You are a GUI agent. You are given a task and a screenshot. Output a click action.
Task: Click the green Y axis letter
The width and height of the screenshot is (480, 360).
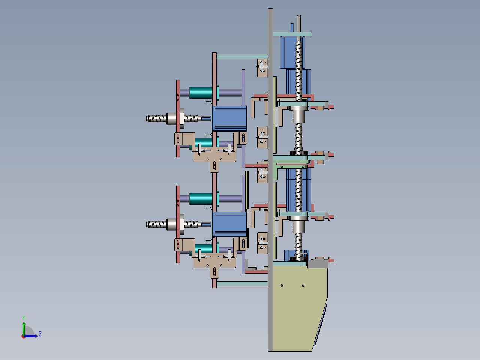point(24,318)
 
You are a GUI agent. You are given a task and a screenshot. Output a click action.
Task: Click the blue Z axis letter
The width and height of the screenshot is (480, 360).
point(40,334)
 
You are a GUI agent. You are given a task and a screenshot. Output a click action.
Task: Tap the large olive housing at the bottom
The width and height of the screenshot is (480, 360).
point(300,306)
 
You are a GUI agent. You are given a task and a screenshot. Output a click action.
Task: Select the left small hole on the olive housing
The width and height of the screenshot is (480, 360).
point(282,286)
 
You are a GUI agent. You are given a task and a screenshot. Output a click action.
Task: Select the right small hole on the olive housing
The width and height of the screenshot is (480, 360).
point(303,286)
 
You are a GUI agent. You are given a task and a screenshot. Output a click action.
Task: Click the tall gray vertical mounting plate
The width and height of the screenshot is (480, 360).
point(270,180)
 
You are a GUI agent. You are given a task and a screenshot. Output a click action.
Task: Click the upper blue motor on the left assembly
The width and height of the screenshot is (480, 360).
point(229,118)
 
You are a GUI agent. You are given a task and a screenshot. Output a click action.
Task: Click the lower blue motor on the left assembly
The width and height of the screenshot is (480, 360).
point(229,224)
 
